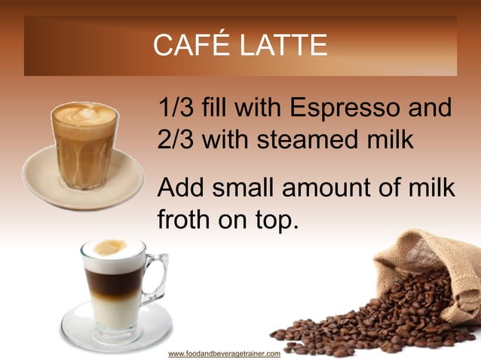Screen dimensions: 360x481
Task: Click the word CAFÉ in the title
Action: (x=186, y=45)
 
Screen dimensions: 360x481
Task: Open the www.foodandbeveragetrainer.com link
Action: (x=224, y=353)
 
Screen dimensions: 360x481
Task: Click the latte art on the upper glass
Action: (x=84, y=115)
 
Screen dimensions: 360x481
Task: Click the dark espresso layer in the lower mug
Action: (x=113, y=282)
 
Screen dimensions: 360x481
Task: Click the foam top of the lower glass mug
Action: (x=113, y=249)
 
